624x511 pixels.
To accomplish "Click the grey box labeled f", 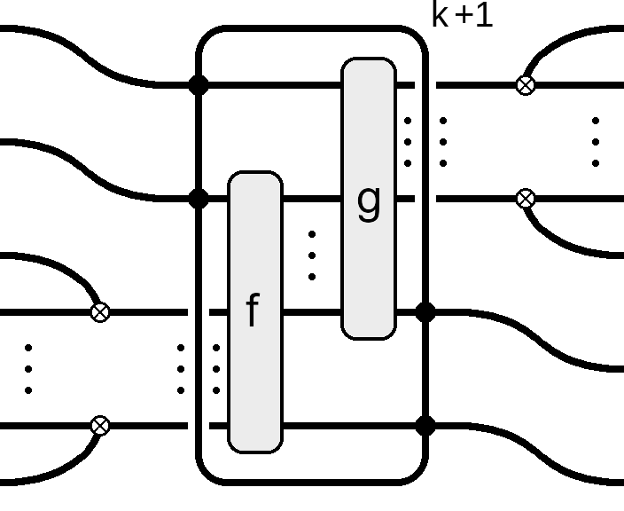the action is pyautogui.click(x=255, y=312).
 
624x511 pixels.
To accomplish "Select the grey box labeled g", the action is pyautogui.click(x=369, y=199).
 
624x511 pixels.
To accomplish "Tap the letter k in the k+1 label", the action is pyautogui.click(x=441, y=15).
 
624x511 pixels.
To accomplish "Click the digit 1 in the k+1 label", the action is pyautogui.click(x=485, y=15).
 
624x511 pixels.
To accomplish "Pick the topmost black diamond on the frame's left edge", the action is pyautogui.click(x=199, y=85).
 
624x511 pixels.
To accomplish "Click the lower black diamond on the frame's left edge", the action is pyautogui.click(x=199, y=199).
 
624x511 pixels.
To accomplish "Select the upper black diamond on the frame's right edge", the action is pyautogui.click(x=425, y=312).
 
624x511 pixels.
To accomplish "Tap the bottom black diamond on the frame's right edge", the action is pyautogui.click(x=425, y=426).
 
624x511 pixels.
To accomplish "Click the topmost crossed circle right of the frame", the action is pyautogui.click(x=526, y=85).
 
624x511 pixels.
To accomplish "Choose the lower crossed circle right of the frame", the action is pyautogui.click(x=526, y=199).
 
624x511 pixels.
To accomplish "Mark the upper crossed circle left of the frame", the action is pyautogui.click(x=100, y=312).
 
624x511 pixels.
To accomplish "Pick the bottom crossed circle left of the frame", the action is pyautogui.click(x=100, y=426).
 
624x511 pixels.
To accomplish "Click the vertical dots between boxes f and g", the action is pyautogui.click(x=312, y=255).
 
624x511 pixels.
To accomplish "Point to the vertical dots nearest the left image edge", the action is pyautogui.click(x=28, y=369).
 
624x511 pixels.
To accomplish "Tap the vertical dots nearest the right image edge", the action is pyautogui.click(x=596, y=142).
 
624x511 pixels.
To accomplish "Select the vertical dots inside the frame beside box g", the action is pyautogui.click(x=408, y=142).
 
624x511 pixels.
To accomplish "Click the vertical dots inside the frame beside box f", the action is pyautogui.click(x=216, y=369).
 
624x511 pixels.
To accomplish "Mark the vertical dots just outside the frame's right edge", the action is pyautogui.click(x=443, y=142).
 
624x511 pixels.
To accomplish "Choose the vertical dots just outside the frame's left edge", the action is pyautogui.click(x=181, y=369).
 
